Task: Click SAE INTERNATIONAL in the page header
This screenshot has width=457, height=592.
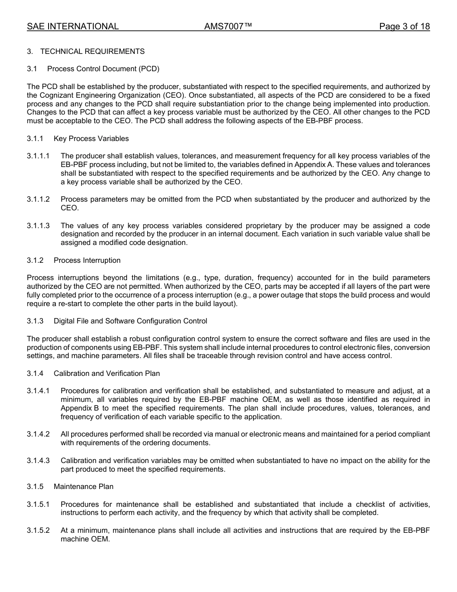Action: click(x=73, y=26)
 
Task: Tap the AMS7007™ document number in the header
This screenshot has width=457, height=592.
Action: click(x=228, y=26)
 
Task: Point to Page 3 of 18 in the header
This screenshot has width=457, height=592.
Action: click(x=404, y=26)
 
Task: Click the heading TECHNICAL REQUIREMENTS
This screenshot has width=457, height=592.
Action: click(x=92, y=51)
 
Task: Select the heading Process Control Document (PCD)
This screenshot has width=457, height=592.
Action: click(x=103, y=69)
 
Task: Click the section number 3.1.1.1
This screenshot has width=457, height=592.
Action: click(x=38, y=156)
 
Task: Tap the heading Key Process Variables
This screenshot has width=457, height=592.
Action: click(x=91, y=139)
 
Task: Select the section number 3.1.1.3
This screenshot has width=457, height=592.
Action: click(x=38, y=226)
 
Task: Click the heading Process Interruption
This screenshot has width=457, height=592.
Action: click(x=87, y=260)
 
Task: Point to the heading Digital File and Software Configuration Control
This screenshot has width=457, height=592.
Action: click(x=130, y=321)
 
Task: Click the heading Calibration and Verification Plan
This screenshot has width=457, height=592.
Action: click(x=107, y=373)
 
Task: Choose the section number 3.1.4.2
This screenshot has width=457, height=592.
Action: click(x=38, y=434)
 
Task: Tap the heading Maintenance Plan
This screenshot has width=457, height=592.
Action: click(x=84, y=487)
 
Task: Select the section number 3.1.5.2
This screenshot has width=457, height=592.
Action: click(x=38, y=530)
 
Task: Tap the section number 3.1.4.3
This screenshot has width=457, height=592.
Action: click(x=38, y=461)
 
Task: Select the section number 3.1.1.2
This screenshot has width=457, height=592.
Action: click(x=38, y=199)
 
